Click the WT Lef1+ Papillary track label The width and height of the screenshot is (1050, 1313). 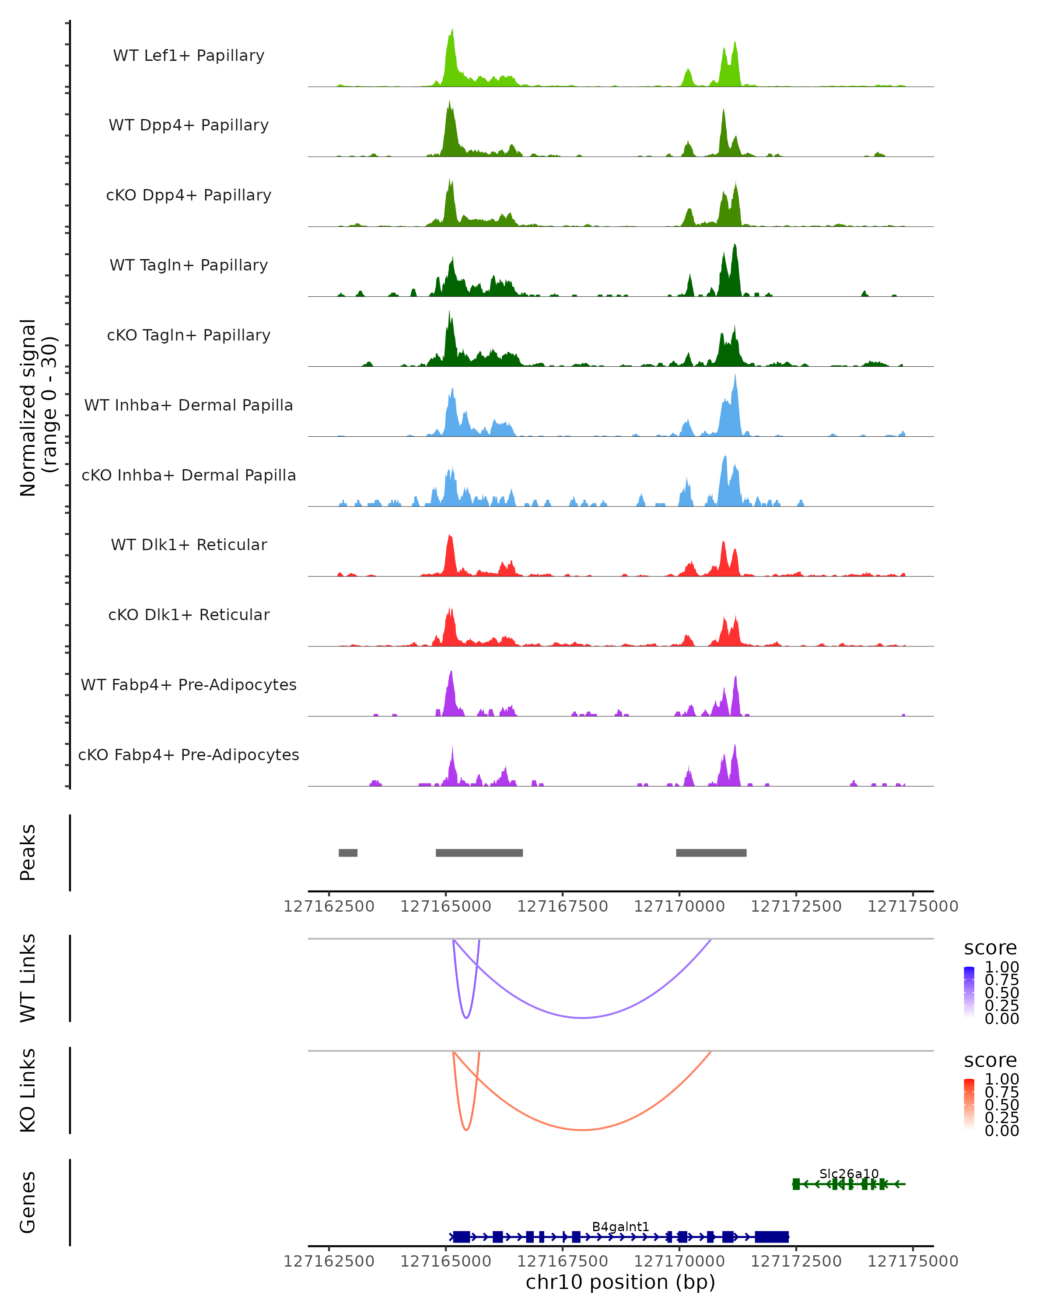(x=189, y=56)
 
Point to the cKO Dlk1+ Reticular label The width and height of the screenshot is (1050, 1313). (x=189, y=614)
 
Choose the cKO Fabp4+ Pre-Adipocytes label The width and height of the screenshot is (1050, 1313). (x=189, y=755)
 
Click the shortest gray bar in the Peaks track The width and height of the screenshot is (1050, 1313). (x=348, y=853)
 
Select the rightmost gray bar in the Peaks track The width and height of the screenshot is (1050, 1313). (x=711, y=853)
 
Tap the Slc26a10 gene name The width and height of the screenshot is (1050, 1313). (x=848, y=1173)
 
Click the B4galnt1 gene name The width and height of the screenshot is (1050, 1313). (x=620, y=1226)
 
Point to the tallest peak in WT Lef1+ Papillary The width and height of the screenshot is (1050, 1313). (x=451, y=31)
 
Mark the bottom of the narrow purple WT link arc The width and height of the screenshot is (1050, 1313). (x=466, y=1017)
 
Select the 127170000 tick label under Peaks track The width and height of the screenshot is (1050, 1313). (x=679, y=906)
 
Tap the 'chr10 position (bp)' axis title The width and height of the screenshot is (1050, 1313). (x=620, y=1282)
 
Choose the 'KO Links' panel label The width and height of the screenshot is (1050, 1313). (x=28, y=1090)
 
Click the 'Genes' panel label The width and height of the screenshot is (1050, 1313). (x=28, y=1202)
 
